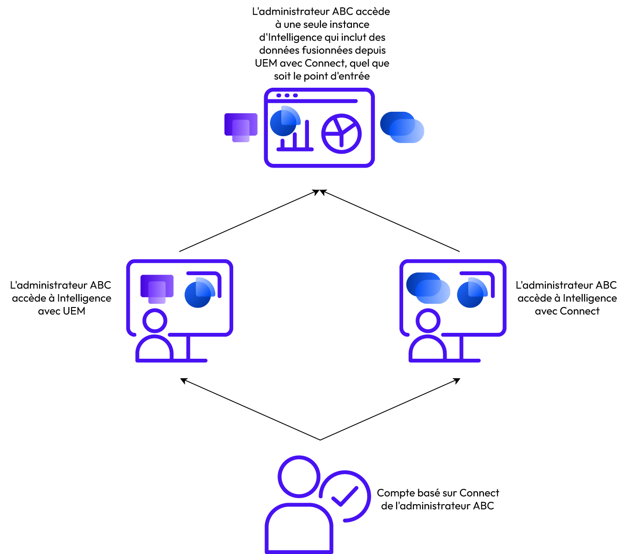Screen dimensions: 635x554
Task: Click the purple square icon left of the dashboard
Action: (241, 127)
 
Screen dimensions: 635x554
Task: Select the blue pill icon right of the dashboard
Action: (402, 127)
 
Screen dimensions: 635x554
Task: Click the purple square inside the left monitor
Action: (157, 289)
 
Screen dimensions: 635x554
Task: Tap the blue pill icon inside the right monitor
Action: (428, 288)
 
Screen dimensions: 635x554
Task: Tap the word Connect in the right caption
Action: (580, 311)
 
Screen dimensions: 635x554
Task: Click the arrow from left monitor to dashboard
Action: (249, 221)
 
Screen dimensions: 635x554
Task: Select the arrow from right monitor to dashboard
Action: (389, 221)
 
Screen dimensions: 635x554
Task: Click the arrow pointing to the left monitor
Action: (250, 409)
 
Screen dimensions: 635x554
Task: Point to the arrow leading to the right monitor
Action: (390, 409)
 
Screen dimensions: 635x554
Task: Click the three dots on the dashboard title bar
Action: (287, 96)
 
